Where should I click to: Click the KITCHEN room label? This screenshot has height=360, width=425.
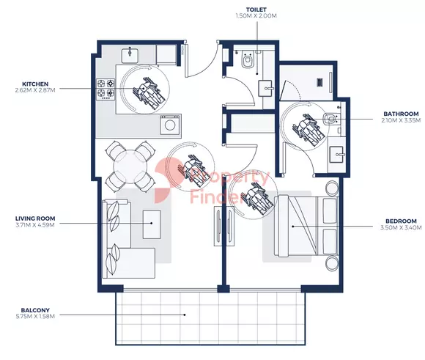point(35,84)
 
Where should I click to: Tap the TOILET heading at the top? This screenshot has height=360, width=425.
point(256,10)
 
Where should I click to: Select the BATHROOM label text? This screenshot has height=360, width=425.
point(401,114)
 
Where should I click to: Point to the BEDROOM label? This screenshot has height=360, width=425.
point(401,221)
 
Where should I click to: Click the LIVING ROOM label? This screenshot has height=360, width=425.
point(35,218)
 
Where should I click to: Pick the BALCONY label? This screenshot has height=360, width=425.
point(35,310)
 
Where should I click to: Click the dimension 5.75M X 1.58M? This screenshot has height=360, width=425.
point(35,316)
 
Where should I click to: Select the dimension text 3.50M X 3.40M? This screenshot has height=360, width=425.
point(401,227)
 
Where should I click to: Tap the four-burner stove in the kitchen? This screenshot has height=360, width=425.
point(106,88)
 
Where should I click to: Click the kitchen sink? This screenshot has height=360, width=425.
point(130,55)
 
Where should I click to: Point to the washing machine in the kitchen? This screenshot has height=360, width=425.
point(170,125)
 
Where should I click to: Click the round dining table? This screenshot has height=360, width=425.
point(130,166)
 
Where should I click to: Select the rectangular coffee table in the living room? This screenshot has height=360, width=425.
point(152,224)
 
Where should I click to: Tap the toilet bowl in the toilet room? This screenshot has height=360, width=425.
point(247,60)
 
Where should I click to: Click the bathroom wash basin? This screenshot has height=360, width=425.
point(336,155)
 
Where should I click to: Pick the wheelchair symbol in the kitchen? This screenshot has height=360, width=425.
point(149,93)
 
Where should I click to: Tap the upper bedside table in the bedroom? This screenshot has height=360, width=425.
point(332,188)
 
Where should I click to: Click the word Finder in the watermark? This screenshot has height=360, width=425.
point(215,196)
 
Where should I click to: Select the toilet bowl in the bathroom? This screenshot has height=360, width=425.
point(330,119)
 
